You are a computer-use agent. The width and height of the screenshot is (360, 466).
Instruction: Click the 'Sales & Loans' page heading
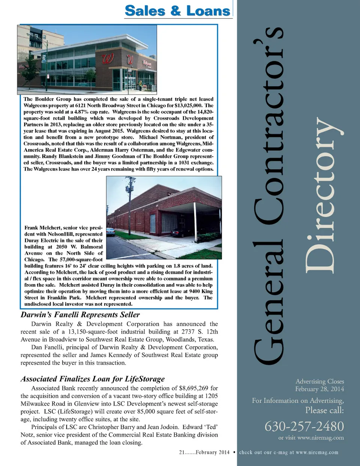[177, 11]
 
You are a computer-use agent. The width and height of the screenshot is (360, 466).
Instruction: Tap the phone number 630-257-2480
[304, 426]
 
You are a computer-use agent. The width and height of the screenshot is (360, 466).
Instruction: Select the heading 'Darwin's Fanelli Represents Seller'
[80, 315]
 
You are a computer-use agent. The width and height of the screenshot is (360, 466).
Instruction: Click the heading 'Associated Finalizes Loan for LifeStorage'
[93, 379]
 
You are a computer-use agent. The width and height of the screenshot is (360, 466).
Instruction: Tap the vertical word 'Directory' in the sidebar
[323, 195]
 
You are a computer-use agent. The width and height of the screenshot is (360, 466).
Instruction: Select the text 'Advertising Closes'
[319, 381]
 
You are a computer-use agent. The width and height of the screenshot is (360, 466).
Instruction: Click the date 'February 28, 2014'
[319, 389]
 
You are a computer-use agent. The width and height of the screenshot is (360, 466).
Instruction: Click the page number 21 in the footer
[182, 452]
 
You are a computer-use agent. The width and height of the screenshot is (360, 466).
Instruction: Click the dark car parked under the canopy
[180, 233]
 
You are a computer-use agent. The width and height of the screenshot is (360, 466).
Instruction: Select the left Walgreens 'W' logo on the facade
[108, 59]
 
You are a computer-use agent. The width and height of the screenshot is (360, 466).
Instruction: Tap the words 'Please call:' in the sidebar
[324, 410]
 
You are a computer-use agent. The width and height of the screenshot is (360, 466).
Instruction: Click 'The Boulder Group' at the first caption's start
[47, 99]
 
